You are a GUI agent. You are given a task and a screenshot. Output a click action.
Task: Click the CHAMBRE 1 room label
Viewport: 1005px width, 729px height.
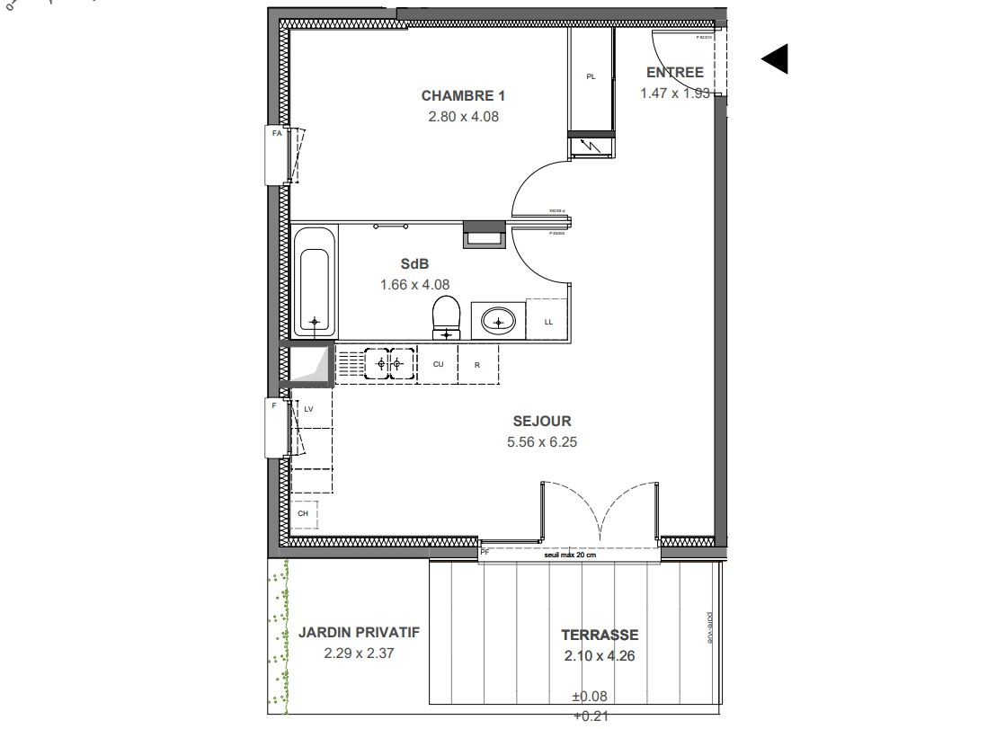tap(458, 95)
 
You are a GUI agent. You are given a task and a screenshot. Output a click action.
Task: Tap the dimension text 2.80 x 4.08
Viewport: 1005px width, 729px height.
tap(458, 116)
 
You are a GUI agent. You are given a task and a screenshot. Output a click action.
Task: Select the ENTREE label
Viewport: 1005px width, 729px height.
tap(675, 73)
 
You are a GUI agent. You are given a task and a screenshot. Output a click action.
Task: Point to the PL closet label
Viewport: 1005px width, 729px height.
tap(591, 77)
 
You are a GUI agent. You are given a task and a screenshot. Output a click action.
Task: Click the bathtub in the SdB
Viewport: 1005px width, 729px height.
tap(314, 281)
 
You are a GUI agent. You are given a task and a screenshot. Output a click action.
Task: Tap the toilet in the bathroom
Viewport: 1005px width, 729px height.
tap(445, 317)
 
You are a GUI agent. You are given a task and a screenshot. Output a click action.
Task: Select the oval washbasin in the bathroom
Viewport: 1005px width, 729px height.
tap(497, 320)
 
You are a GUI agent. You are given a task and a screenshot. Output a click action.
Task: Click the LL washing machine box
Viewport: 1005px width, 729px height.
tap(548, 320)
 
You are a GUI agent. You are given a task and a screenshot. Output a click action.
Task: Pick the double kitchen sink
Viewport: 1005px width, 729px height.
tap(388, 364)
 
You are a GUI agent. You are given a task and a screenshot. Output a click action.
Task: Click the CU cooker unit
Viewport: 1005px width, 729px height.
tap(439, 364)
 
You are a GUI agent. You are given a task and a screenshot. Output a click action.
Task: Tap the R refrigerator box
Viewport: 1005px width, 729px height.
tap(477, 364)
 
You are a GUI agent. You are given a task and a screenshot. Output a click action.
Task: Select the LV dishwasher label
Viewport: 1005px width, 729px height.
tap(308, 409)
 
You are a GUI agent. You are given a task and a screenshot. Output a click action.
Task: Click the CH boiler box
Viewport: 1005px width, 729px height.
tap(304, 513)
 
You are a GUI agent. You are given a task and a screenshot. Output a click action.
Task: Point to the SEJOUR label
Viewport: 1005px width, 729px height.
tap(542, 421)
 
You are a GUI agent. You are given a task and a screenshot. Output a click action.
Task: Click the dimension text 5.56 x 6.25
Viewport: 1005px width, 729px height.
tap(542, 441)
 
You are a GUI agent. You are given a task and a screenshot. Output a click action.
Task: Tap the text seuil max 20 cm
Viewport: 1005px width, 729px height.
tap(570, 555)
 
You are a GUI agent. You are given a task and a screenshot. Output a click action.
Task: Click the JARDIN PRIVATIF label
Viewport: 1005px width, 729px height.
tap(359, 633)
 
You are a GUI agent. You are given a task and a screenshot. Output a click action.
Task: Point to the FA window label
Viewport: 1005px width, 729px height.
tap(276, 133)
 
